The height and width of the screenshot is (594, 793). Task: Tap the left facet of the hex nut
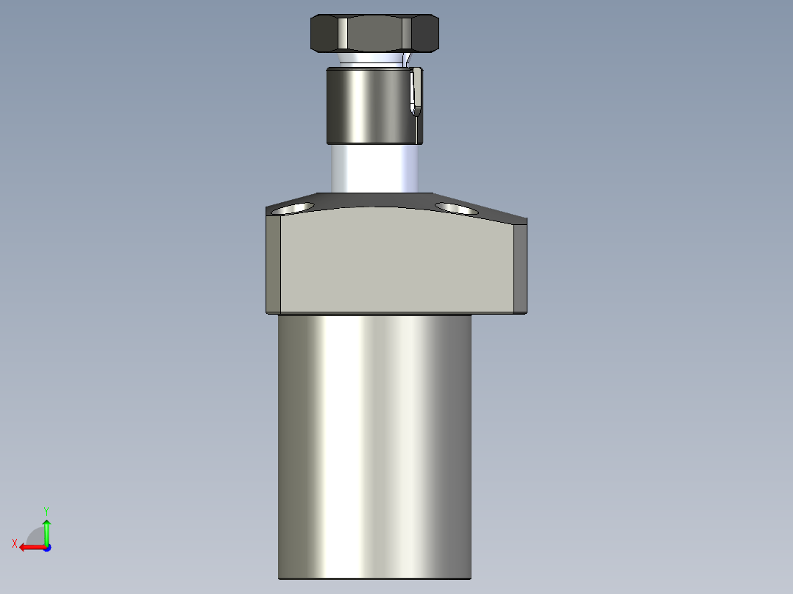(325, 33)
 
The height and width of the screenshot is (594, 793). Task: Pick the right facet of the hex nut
(421, 33)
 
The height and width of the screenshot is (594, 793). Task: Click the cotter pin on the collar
(417, 92)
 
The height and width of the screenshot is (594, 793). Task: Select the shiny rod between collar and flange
(374, 168)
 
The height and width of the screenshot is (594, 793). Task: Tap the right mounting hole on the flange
(455, 208)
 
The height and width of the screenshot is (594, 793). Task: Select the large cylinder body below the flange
(374, 441)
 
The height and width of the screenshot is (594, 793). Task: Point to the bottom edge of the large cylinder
(374, 578)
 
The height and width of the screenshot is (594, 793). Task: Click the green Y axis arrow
(46, 529)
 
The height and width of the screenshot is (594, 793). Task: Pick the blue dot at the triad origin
(46, 547)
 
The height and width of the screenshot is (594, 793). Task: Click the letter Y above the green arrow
(46, 509)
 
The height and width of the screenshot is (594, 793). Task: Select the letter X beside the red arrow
(15, 543)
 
